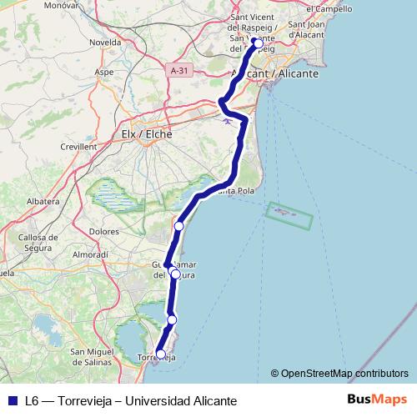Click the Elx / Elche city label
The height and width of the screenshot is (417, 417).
[x=147, y=133]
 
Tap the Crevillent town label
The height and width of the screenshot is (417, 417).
[x=78, y=146]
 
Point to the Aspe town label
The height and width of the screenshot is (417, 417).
[x=103, y=73]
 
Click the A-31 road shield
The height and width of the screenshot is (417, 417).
[x=178, y=71]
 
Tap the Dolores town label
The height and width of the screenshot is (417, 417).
[x=103, y=233]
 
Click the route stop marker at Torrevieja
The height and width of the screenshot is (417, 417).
[x=160, y=354]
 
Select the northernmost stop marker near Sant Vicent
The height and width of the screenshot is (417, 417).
[x=258, y=43]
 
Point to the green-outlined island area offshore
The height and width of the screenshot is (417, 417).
[x=289, y=215]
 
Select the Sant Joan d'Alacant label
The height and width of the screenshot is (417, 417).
[x=310, y=30]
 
